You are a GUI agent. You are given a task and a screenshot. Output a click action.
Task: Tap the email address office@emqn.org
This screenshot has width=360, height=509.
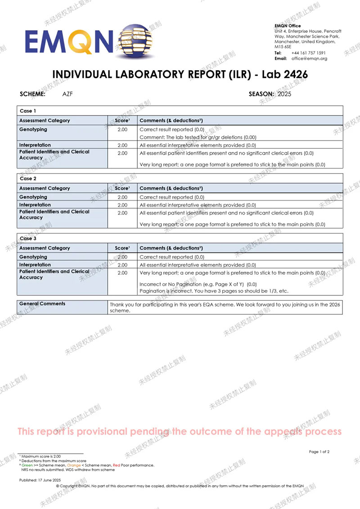tap(309, 58)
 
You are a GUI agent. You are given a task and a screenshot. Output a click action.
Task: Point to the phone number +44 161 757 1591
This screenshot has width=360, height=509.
tap(309, 53)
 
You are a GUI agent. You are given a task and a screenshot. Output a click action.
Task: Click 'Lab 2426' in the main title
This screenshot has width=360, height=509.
tap(283, 75)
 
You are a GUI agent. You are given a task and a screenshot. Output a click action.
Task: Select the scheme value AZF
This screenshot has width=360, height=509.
tap(69, 94)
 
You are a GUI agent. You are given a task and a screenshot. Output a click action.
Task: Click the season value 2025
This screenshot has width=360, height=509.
tap(285, 94)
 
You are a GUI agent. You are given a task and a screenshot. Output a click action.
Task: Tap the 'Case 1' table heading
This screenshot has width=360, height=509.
tap(28, 111)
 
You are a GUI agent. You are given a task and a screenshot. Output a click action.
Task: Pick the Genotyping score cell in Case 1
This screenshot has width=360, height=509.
tap(122, 129)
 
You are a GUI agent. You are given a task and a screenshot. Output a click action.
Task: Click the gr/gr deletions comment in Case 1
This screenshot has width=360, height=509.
tap(198, 137)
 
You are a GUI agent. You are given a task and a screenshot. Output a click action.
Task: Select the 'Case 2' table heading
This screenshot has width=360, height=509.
tap(28, 179)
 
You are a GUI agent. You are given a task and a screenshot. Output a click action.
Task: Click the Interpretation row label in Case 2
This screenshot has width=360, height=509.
tap(35, 205)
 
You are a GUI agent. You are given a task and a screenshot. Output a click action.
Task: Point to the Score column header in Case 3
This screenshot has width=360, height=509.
tap(122, 248)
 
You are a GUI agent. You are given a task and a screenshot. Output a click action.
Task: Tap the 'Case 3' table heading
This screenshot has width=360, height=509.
tap(28, 238)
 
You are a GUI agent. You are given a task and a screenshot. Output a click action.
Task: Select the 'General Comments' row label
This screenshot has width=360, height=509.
tap(42, 304)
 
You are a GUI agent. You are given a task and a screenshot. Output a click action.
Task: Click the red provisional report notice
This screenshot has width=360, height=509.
tap(180, 432)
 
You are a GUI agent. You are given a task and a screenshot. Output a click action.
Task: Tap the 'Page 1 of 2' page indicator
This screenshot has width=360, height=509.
tap(319, 452)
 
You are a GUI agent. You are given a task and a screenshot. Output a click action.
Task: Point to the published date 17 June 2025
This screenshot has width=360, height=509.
tap(38, 480)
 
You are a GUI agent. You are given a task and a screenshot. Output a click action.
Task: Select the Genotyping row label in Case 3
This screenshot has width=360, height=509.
tap(33, 257)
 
